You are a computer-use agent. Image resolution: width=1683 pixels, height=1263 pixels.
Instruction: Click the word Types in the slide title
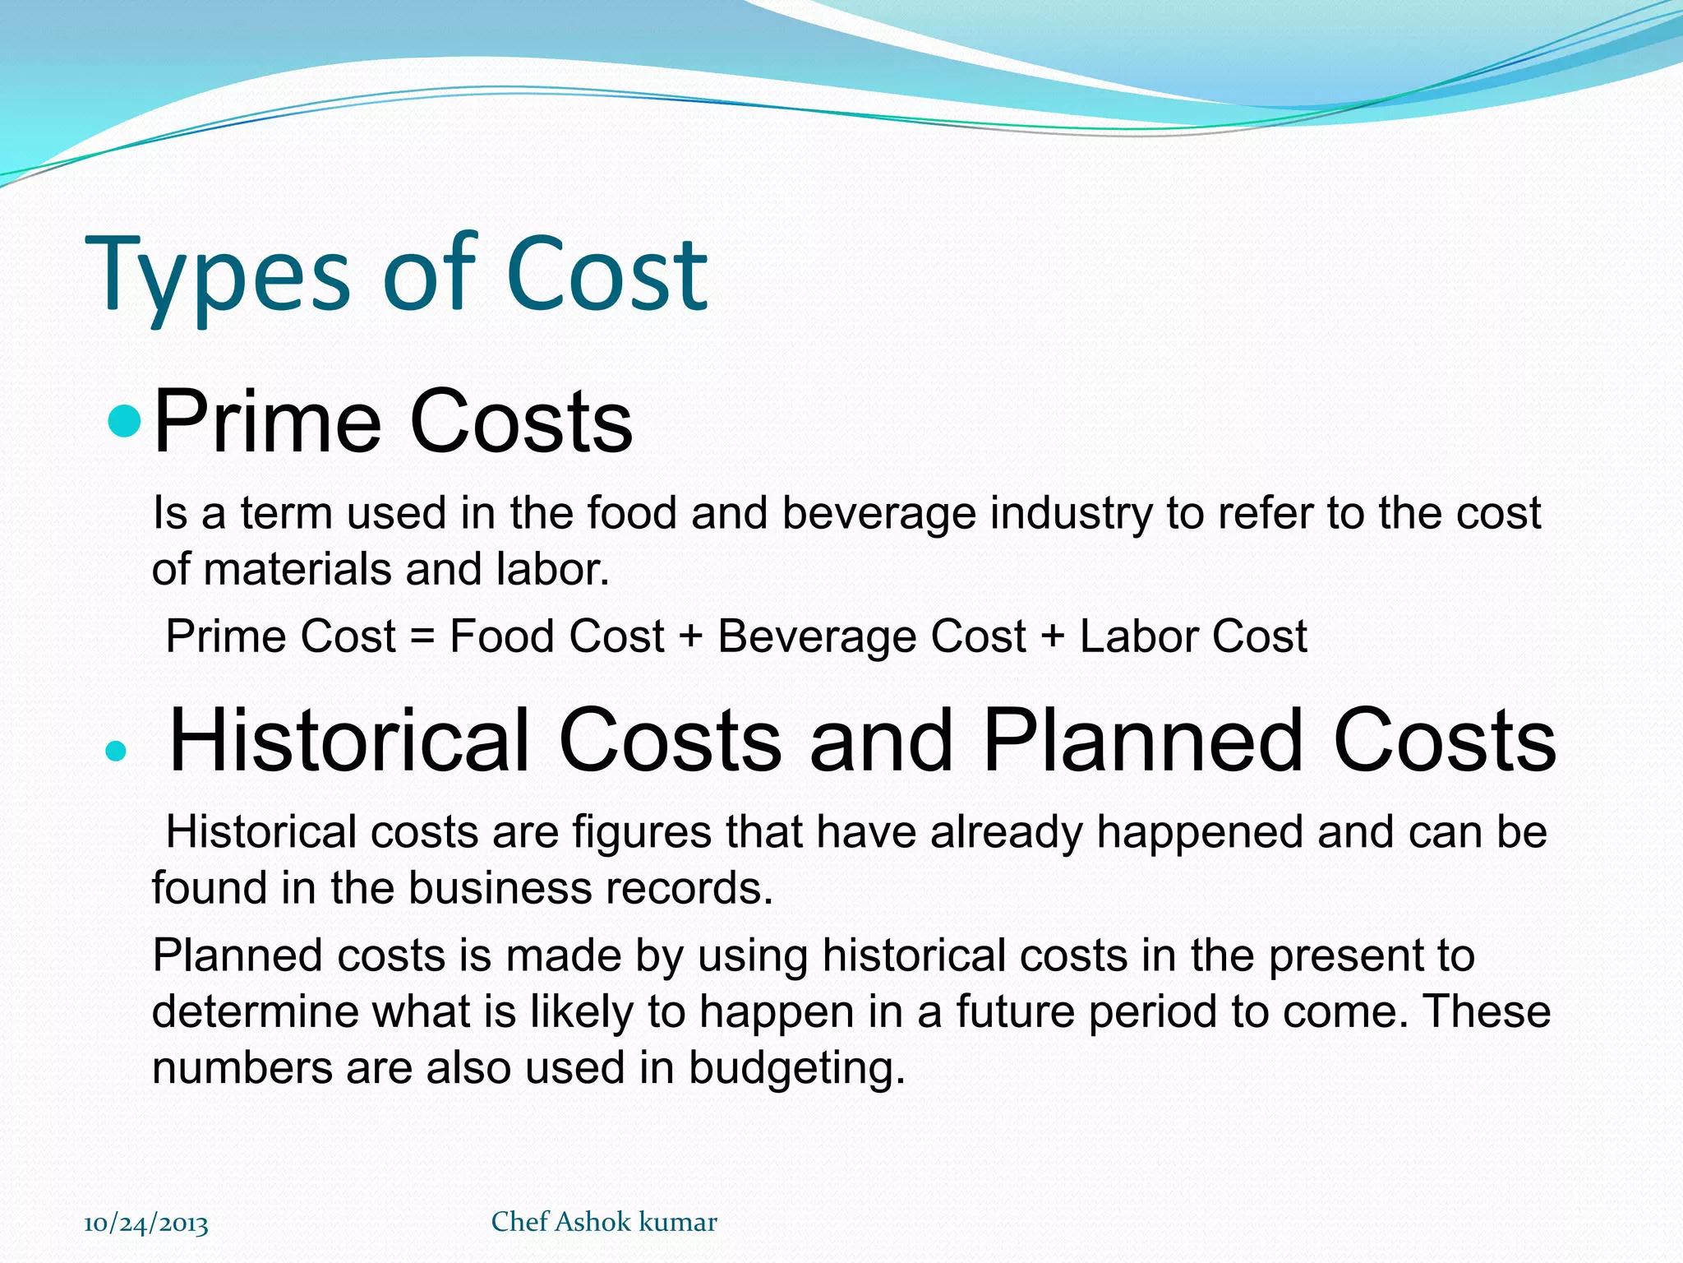(218, 275)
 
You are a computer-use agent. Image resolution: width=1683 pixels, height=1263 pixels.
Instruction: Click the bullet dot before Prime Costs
(125, 421)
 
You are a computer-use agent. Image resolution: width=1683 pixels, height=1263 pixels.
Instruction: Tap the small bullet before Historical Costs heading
(117, 750)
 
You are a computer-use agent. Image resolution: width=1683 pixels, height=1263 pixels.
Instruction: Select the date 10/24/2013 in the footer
(146, 1224)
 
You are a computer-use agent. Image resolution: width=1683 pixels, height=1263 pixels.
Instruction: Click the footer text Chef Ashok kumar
(604, 1222)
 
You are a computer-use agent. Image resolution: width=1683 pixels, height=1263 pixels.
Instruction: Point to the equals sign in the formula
(422, 637)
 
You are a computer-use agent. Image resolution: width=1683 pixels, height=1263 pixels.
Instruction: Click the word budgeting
(796, 1069)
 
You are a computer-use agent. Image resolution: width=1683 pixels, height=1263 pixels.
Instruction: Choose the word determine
(256, 1011)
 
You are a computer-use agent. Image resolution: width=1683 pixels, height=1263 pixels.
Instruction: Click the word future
(1015, 1011)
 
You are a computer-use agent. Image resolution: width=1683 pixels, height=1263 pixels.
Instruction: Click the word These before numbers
(1487, 1011)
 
